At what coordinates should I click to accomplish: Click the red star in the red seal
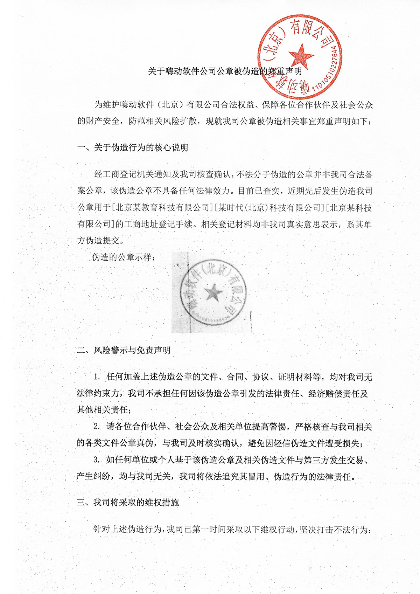pos(301,56)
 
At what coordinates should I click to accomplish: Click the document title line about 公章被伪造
pos(224,71)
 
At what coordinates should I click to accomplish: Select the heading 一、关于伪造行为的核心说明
pos(133,148)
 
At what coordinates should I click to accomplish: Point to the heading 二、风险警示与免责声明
pos(124,350)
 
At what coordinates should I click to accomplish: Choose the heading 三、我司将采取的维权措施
pos(128,502)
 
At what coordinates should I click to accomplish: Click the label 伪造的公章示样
pos(122,257)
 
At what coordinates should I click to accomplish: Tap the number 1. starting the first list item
pos(97,377)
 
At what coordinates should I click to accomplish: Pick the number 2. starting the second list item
pos(97,427)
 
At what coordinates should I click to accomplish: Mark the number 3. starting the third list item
pos(97,460)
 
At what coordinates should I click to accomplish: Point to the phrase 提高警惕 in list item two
pos(269,427)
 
